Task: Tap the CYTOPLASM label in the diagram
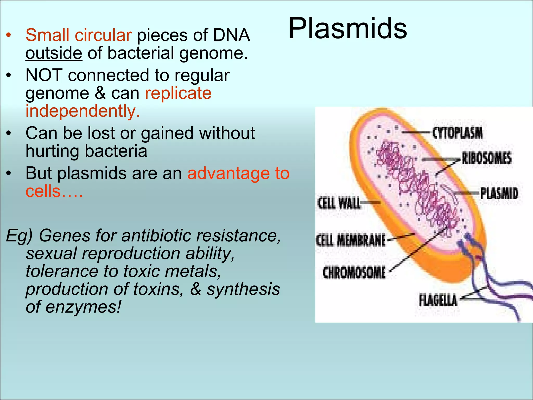[457, 133]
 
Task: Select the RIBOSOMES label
[486, 158]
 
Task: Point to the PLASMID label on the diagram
[499, 193]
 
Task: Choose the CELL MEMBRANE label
[351, 240]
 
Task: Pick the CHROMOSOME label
[354, 273]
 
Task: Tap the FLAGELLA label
[438, 300]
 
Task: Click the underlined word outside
[54, 53]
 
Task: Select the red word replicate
[178, 93]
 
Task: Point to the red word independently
[83, 111]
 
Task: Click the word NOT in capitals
[44, 76]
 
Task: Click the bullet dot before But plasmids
[9, 173]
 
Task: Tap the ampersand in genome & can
[100, 93]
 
